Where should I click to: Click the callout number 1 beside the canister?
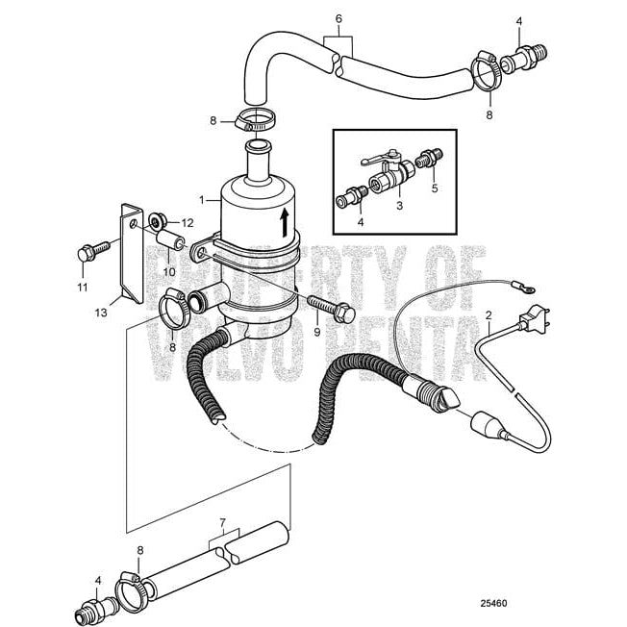coord(201,200)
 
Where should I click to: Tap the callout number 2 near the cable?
coord(489,315)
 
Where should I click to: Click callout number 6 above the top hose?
coord(338,17)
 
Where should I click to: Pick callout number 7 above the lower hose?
coord(223,524)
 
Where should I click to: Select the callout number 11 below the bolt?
coord(82,287)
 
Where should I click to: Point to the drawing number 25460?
coord(493,606)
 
